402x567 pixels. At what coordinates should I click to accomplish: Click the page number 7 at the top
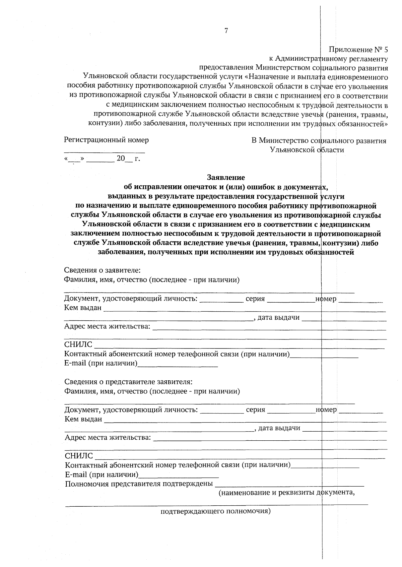[226, 31]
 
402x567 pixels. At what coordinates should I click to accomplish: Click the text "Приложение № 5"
[358, 50]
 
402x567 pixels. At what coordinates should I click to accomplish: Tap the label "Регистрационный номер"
[106, 140]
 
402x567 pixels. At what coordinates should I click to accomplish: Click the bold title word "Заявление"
[226, 177]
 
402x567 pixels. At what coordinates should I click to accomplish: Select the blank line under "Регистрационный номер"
[104, 152]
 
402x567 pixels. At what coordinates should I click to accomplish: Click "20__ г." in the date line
[128, 159]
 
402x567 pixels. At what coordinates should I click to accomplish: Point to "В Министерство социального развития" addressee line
[319, 141]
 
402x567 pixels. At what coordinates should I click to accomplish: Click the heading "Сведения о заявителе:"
[102, 270]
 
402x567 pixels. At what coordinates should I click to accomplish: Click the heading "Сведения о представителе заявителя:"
[128, 382]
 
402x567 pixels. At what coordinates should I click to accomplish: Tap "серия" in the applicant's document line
[255, 299]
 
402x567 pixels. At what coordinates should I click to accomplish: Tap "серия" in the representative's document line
[255, 410]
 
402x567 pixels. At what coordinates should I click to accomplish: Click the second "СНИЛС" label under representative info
[79, 456]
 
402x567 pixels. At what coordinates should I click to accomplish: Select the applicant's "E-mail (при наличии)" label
[101, 363]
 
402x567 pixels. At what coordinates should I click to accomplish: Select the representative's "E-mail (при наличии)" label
[102, 475]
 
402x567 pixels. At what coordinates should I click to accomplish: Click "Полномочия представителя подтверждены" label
[139, 484]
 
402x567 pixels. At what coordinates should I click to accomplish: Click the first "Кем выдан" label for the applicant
[83, 308]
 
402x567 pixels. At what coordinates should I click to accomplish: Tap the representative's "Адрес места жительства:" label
[108, 437]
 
